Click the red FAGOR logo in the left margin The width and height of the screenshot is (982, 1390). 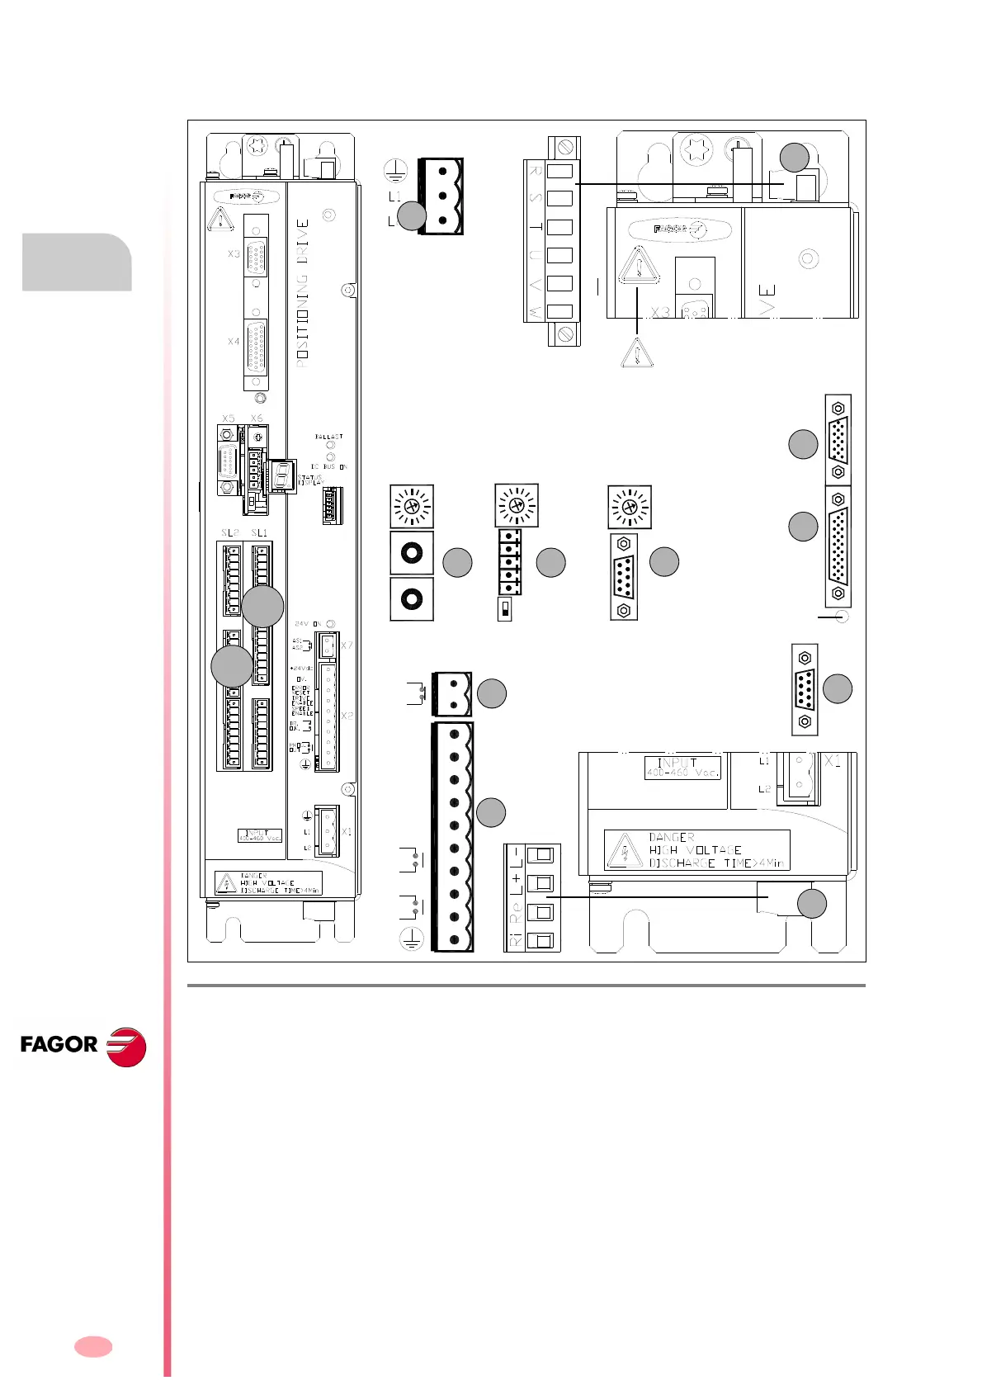pos(83,1045)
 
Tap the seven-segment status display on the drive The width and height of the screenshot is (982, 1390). pos(283,475)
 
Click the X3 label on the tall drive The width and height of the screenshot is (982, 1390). pos(234,254)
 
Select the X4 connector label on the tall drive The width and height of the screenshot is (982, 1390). pos(234,341)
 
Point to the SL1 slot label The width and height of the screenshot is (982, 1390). pos(260,533)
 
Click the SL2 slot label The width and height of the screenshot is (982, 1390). pos(229,533)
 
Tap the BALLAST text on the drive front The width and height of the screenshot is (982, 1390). pos(328,437)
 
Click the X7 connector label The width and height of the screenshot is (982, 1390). pos(347,645)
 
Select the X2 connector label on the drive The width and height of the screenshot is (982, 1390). pos(347,716)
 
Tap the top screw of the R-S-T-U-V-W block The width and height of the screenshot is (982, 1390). pos(566,149)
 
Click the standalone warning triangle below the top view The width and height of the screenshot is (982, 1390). pos(636,353)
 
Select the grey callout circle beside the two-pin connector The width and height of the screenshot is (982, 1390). pos(492,693)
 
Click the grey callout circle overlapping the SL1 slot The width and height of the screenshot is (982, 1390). pos(262,607)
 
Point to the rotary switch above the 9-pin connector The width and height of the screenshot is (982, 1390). pos(630,506)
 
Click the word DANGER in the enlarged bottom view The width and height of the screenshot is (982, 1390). pos(672,837)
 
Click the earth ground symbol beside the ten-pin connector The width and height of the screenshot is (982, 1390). pos(411,938)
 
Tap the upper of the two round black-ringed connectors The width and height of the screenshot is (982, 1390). pos(412,553)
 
